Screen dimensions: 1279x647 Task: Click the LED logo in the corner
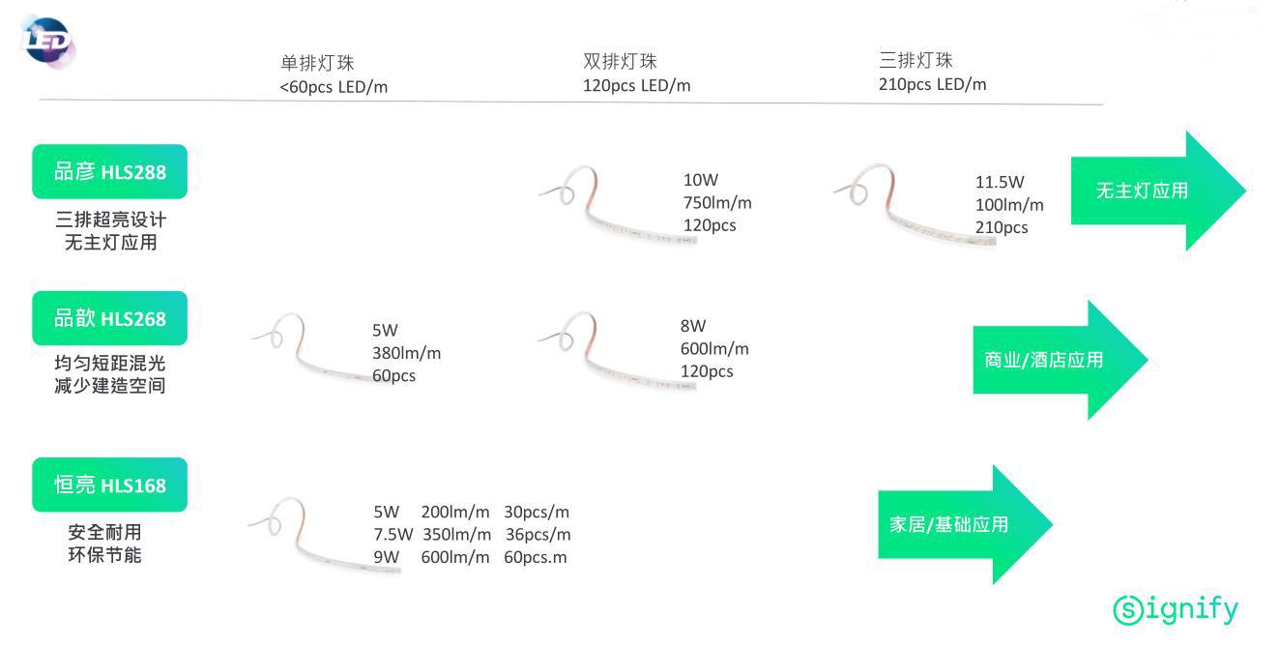coord(46,42)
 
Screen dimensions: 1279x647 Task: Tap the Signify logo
coord(1175,609)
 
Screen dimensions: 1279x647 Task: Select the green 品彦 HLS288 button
coord(109,172)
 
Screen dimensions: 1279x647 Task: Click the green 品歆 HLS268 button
coord(109,318)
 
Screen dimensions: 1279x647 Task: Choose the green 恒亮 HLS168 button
coord(109,485)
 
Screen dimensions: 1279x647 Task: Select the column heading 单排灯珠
coord(317,63)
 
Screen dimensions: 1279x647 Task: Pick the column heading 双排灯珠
coord(620,62)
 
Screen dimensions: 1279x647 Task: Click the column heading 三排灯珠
coord(916,61)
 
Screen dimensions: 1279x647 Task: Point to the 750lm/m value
coord(717,203)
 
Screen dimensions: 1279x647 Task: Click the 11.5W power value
coord(1000,182)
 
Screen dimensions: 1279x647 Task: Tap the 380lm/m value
coord(406,353)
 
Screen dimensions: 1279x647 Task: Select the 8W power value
coord(693,326)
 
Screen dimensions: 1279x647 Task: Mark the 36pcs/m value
coord(537,535)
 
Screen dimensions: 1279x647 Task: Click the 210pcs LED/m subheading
coord(932,84)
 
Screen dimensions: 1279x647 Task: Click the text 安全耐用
coord(104,533)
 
